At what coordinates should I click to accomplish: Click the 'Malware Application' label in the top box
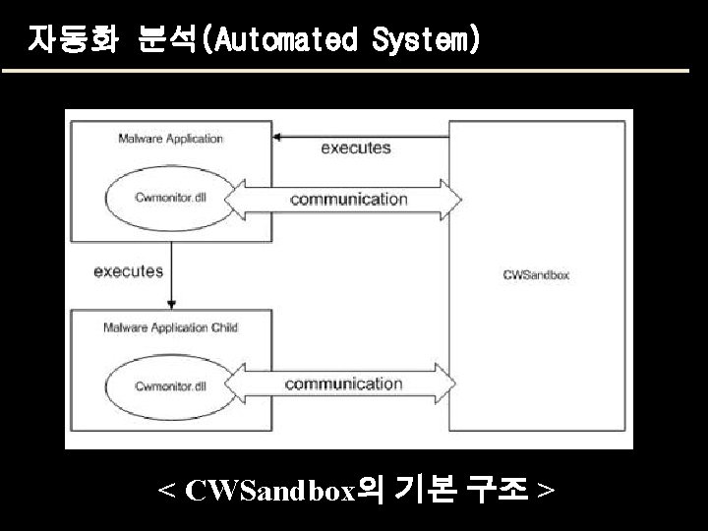click(x=170, y=139)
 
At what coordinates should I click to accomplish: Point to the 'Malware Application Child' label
click(x=170, y=327)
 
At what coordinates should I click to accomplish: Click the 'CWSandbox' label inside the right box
click(x=536, y=275)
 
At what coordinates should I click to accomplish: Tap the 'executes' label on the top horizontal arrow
click(x=355, y=147)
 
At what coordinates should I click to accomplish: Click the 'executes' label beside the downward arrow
click(x=128, y=271)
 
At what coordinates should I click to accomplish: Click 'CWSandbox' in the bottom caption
click(x=268, y=490)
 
